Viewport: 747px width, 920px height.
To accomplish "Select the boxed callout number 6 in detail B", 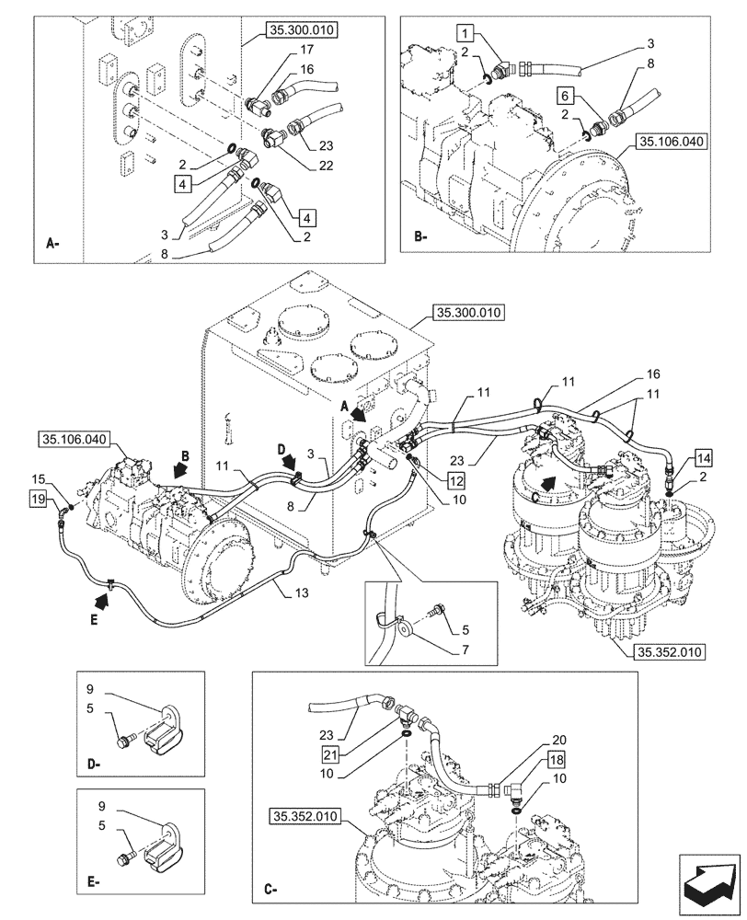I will point(566,96).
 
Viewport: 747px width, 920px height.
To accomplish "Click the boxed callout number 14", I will point(702,457).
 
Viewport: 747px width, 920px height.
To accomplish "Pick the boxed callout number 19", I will point(38,498).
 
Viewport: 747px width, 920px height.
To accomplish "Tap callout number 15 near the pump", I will point(38,479).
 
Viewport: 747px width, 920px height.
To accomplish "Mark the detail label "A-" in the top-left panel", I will point(53,244).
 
